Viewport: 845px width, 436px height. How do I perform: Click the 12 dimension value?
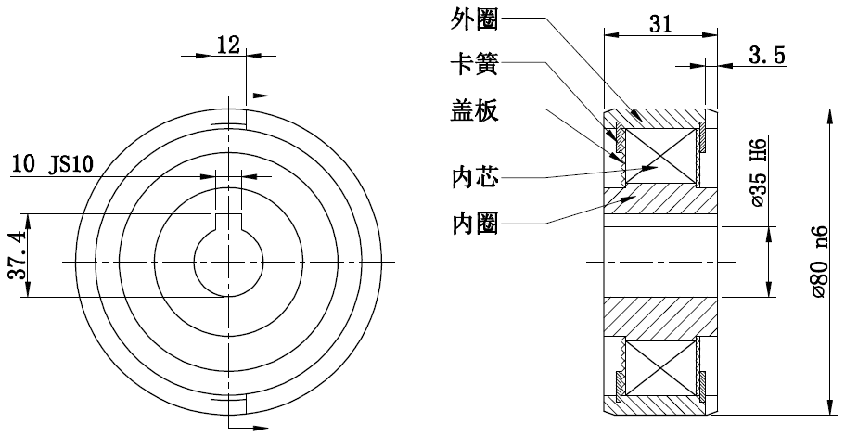click(228, 44)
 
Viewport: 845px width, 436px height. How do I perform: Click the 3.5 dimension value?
click(766, 56)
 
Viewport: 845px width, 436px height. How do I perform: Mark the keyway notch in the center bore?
click(228, 224)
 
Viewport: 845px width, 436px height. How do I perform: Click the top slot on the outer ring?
click(228, 120)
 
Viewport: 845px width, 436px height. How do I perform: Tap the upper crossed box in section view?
click(660, 155)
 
